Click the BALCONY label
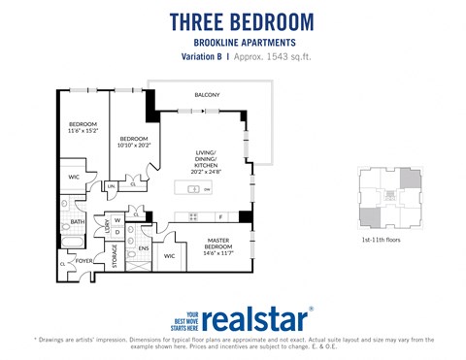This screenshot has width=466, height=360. click(x=206, y=94)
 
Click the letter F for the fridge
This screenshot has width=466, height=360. click(x=220, y=216)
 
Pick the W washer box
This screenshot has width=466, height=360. click(x=117, y=220)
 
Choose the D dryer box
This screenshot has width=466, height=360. click(x=117, y=232)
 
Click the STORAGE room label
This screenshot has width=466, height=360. click(x=115, y=255)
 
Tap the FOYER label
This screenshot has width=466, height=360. click(x=85, y=260)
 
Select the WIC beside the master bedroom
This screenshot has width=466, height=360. click(x=170, y=256)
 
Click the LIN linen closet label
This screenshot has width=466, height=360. click(x=112, y=184)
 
